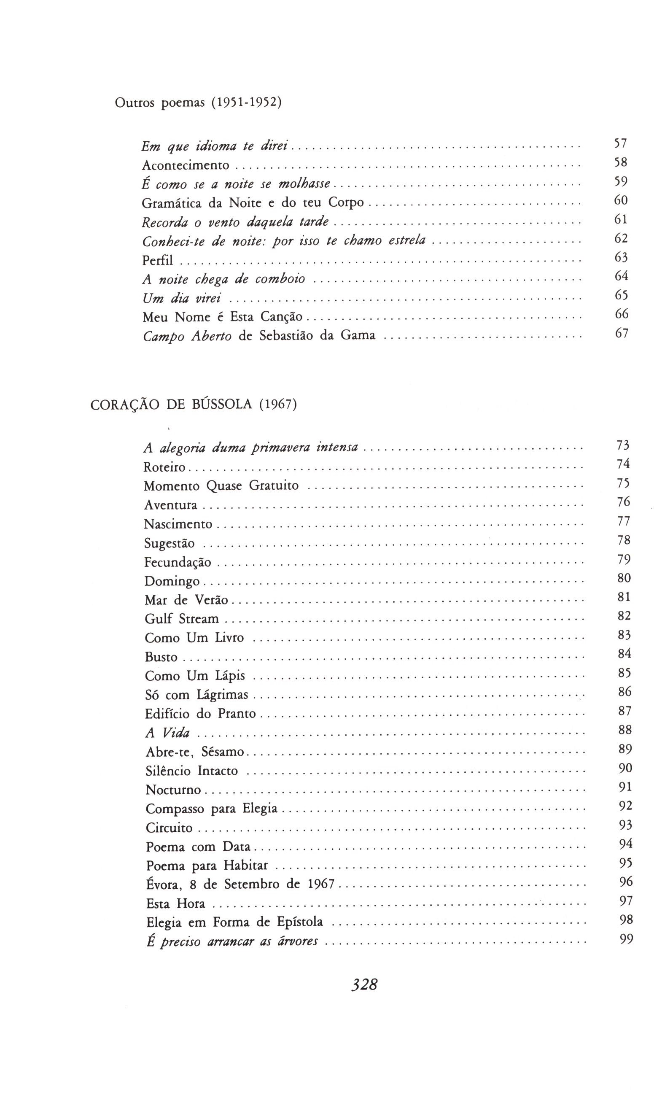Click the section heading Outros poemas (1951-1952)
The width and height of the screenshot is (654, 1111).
(198, 103)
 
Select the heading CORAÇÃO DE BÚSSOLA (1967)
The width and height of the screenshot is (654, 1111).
(194, 405)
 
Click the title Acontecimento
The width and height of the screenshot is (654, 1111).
(186, 165)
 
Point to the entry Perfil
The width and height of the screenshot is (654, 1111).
(157, 261)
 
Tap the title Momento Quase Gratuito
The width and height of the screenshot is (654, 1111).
(221, 486)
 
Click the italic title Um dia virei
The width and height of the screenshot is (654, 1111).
(182, 299)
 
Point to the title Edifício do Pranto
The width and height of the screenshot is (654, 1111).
(201, 714)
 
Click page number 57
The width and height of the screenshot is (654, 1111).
(621, 143)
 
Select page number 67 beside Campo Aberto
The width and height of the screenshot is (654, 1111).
(622, 333)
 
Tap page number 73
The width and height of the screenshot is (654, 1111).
(623, 445)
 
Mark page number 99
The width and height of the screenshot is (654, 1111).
(626, 940)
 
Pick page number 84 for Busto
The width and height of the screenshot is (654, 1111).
(624, 654)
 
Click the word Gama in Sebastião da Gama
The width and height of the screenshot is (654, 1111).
(358, 336)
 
